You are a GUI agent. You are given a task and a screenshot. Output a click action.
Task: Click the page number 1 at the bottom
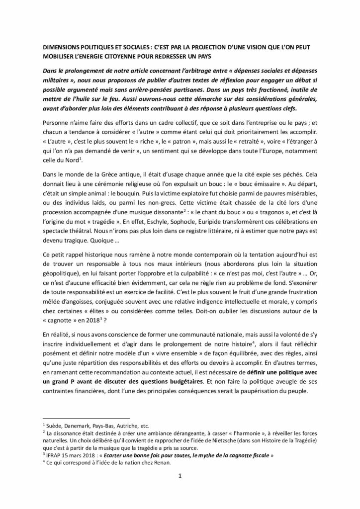pyautogui.click(x=180, y=489)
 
